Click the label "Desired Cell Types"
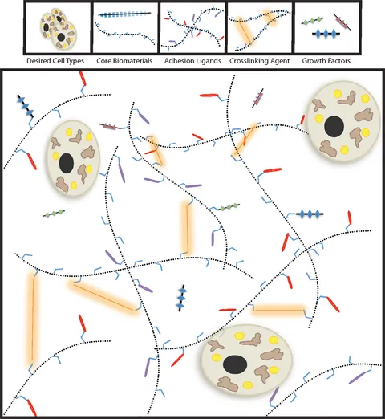[55, 61]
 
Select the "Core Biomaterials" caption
[124, 61]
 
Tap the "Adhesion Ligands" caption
[192, 61]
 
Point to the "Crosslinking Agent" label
[259, 61]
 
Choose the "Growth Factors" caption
[326, 61]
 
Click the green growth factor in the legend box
[312, 21]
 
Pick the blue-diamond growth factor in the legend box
[326, 34]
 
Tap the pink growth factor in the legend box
[342, 22]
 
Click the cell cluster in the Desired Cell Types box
[59, 29]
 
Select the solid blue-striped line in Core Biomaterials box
[124, 14]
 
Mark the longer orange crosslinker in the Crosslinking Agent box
[245, 31]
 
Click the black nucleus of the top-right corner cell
[334, 126]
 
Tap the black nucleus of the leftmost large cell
[67, 162]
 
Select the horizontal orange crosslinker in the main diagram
[278, 310]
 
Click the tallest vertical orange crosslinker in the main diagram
[32, 319]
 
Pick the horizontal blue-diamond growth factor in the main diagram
[310, 214]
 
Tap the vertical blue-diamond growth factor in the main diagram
[182, 298]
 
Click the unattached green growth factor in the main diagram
[54, 214]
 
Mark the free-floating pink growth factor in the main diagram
[258, 98]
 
